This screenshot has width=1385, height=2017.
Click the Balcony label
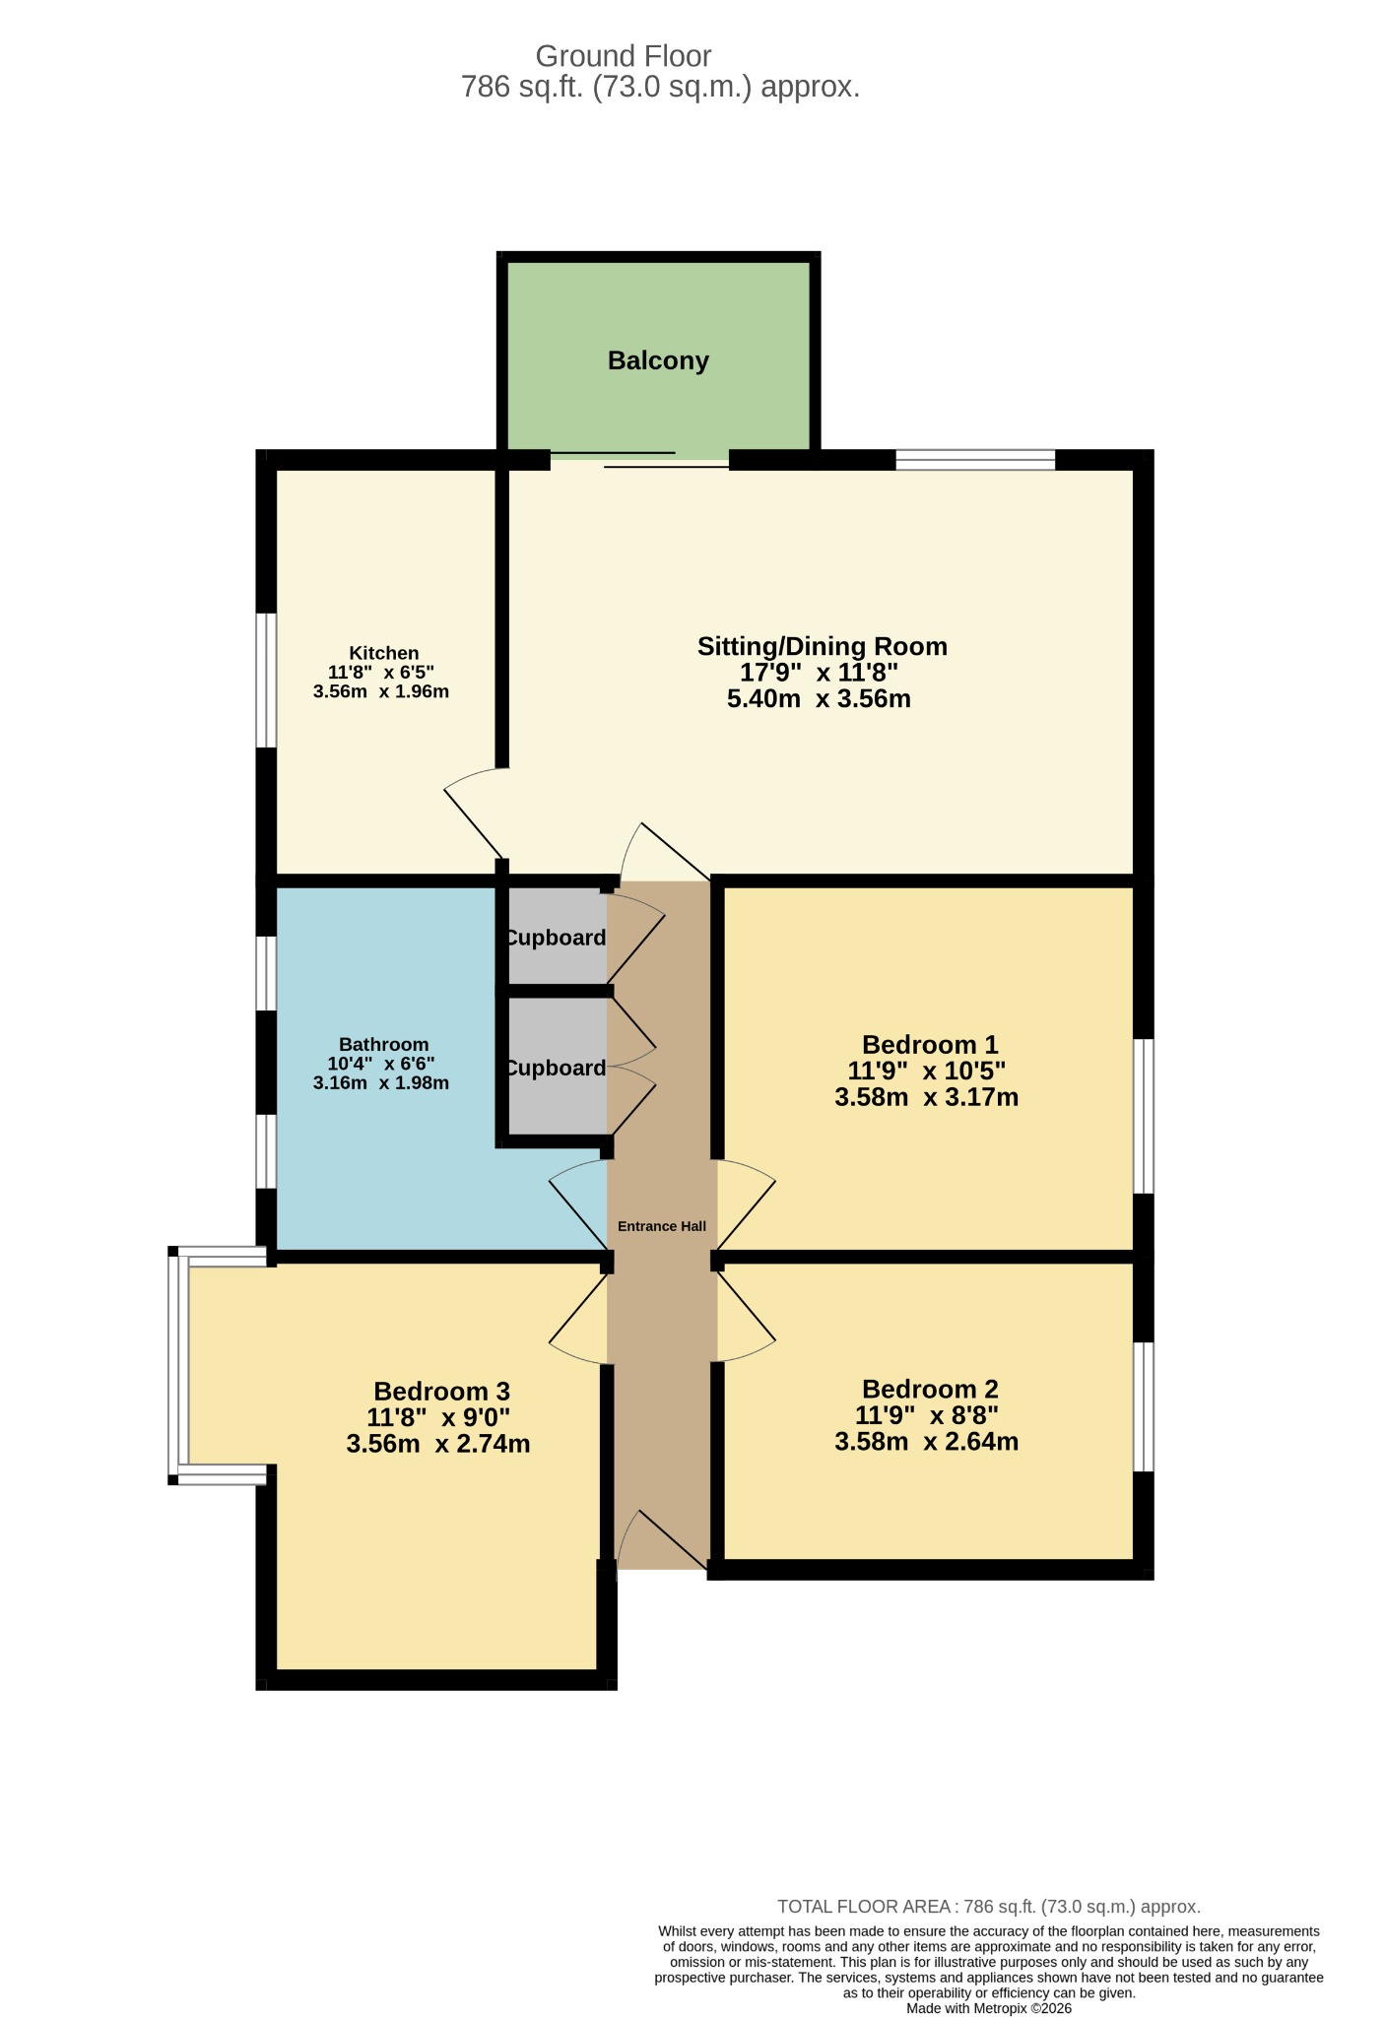pos(658,360)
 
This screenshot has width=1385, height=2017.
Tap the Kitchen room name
pos(384,653)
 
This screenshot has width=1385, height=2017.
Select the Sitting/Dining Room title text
pos(823,646)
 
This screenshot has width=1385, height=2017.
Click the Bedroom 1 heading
pos(930,1044)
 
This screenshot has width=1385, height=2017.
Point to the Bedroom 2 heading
pos(930,1389)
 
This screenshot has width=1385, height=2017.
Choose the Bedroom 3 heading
pos(441,1391)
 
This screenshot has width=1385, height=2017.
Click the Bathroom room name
pos(384,1044)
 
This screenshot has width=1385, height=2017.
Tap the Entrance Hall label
pos(662,1226)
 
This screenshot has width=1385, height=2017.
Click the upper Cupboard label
pos(556,938)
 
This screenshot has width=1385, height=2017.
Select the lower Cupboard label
pos(556,1068)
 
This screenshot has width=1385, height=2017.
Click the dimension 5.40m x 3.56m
pos(819,699)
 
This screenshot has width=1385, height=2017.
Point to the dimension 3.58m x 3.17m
pos(926,1097)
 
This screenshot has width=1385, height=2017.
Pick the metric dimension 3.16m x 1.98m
pos(381,1083)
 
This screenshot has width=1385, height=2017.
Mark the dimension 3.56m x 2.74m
pos(438,1444)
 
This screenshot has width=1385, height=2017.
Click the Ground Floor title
pos(624,56)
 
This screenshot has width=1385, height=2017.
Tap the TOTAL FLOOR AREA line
pos(989,1907)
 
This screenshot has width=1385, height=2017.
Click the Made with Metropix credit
pos(989,2008)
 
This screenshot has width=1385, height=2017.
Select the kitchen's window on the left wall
pos(266,681)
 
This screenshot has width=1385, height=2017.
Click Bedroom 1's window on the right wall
pos(1143,1116)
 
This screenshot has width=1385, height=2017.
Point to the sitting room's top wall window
pos(975,459)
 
